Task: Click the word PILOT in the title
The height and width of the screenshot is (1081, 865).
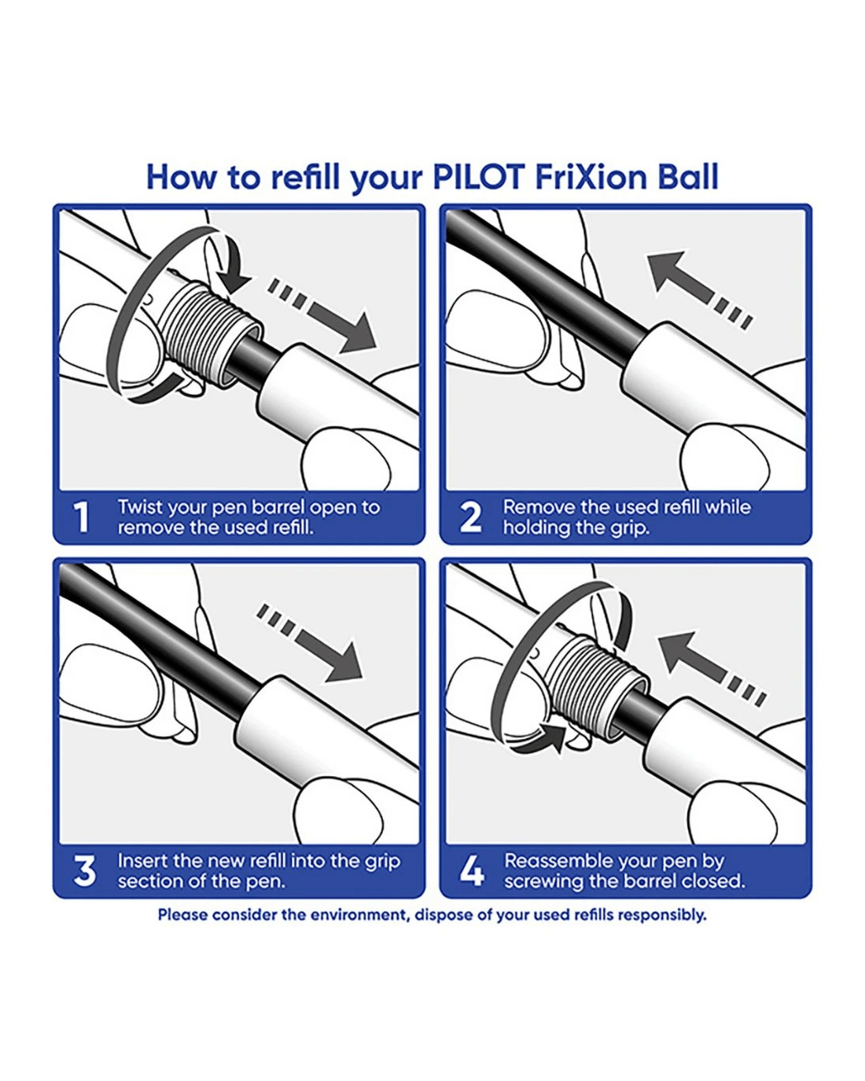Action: [x=478, y=177]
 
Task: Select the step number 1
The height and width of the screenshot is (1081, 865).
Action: [x=81, y=517]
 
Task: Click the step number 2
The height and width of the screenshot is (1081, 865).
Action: [x=470, y=517]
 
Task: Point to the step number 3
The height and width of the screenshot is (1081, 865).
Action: [x=84, y=871]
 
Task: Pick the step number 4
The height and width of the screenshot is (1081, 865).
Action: [x=472, y=871]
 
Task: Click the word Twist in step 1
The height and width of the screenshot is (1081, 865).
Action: [x=138, y=508]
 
